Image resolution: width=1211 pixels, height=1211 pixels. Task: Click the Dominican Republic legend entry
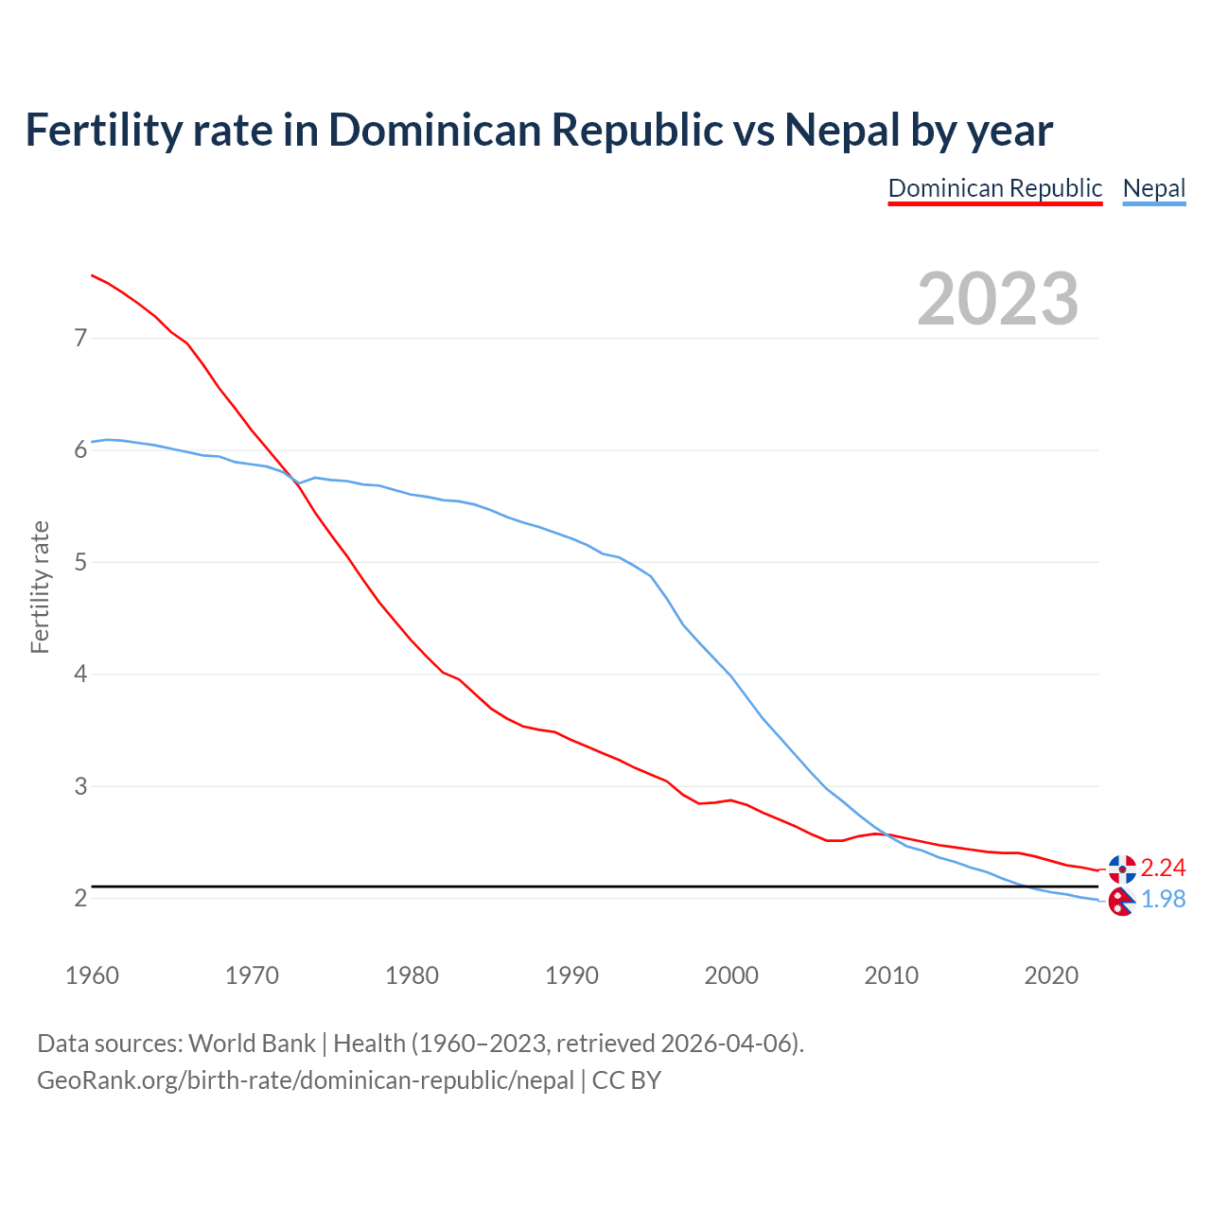coord(994,188)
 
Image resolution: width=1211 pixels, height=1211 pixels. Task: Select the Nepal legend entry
coord(1153,188)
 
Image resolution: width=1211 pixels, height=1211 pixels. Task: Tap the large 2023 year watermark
coord(998,299)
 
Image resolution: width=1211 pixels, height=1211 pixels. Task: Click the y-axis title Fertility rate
coord(40,587)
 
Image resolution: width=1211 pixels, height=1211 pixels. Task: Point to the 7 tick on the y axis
coord(80,338)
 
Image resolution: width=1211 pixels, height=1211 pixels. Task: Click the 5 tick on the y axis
coord(80,562)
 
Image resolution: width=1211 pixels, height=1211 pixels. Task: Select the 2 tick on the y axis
coord(80,898)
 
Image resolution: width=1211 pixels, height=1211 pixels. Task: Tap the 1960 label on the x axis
coord(92,975)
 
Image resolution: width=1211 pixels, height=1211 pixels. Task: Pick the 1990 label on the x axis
coord(571,975)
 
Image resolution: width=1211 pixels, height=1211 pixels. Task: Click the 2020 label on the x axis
coord(1051,975)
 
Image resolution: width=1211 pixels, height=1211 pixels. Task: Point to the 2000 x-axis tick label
coord(731,975)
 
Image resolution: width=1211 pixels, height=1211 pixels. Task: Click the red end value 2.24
coord(1163,868)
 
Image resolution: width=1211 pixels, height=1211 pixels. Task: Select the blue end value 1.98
coord(1163,899)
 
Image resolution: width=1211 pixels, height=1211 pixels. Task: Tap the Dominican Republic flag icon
coord(1122,868)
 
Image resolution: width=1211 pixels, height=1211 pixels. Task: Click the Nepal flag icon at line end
coord(1121,902)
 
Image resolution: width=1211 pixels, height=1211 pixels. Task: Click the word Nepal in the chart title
coord(842,130)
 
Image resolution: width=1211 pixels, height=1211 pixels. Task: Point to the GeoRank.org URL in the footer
coord(306,1079)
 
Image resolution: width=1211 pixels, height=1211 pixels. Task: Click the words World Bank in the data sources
coord(252,1044)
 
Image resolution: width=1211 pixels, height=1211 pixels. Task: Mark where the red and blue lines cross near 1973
coord(296,481)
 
